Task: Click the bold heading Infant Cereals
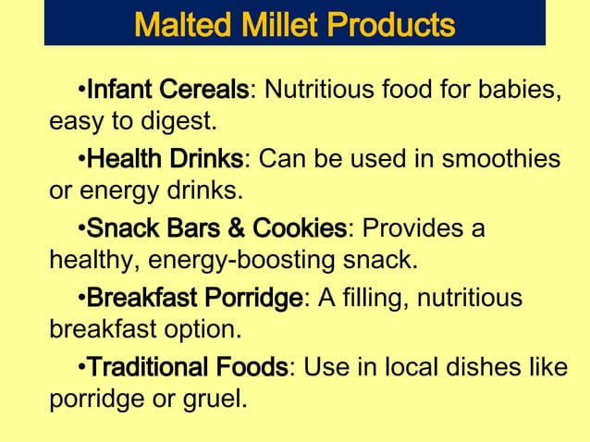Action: pos(167,92)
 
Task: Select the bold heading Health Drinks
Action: pos(165,160)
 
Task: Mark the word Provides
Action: pos(417,228)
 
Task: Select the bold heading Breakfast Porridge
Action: pos(194,299)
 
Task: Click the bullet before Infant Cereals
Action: pos(80,92)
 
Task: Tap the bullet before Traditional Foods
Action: pos(80,368)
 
